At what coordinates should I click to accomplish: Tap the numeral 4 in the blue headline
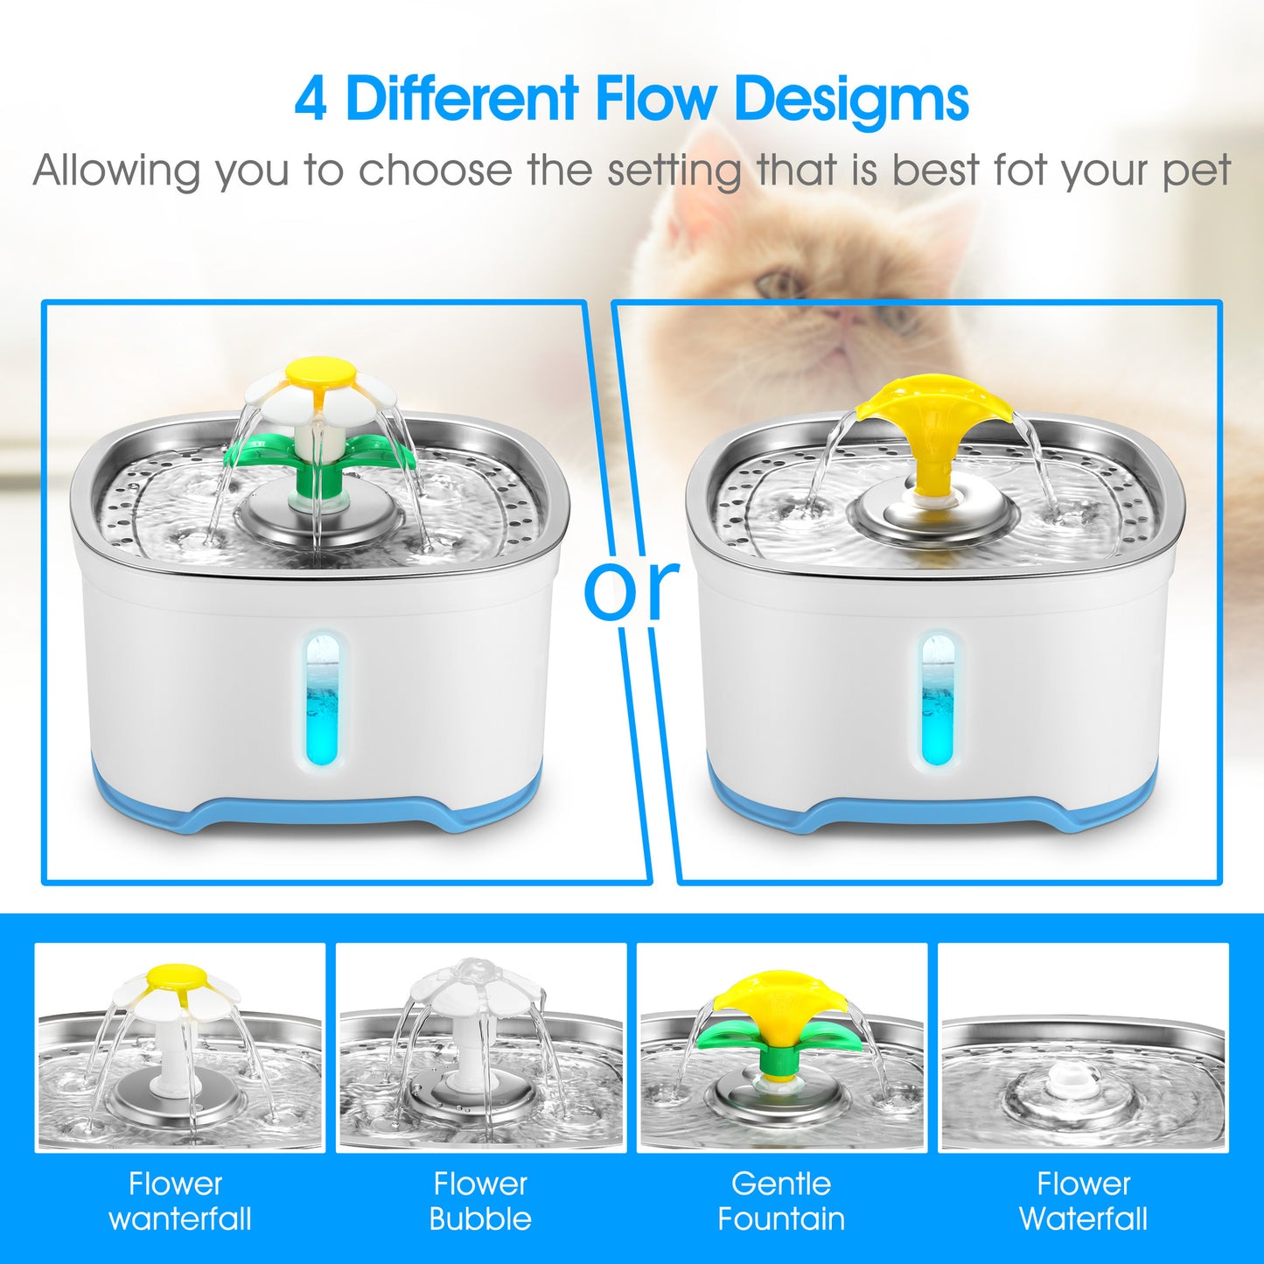coord(311,100)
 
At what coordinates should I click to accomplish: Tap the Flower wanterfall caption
coord(178,1201)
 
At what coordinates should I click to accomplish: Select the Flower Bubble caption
coord(480,1201)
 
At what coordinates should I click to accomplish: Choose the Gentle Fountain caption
coord(781,1201)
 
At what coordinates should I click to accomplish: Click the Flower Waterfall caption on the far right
coord(1083,1201)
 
